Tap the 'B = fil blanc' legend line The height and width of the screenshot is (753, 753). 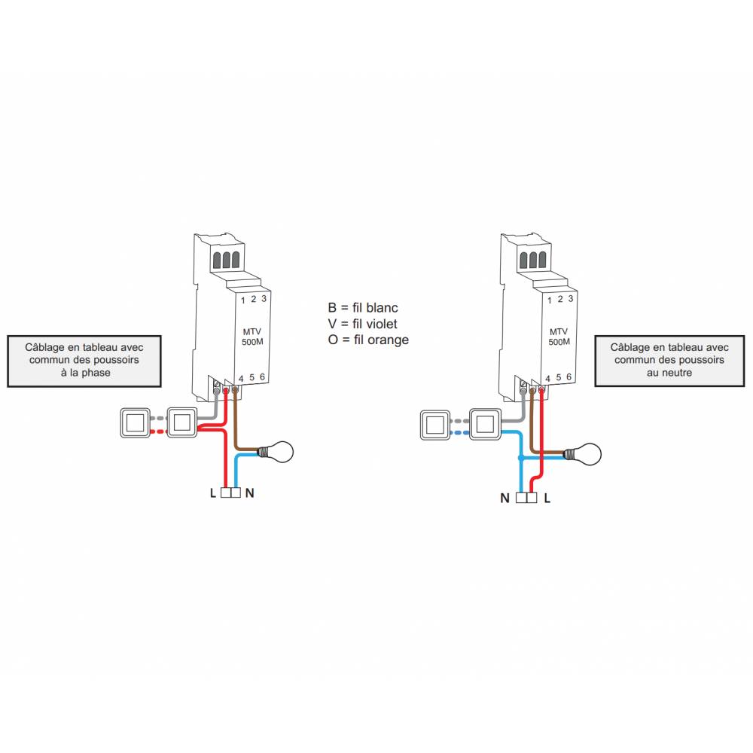click(x=363, y=308)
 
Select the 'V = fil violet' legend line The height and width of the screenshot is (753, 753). click(x=363, y=324)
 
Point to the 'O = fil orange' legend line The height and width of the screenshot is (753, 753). click(x=368, y=340)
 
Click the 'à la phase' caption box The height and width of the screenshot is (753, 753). click(x=84, y=361)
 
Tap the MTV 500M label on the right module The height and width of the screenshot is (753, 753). click(x=559, y=337)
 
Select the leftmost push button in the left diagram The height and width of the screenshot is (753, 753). click(x=136, y=422)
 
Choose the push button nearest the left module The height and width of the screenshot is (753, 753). click(x=181, y=422)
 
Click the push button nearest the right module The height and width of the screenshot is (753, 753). click(x=484, y=424)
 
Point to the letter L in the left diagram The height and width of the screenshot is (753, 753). click(x=213, y=494)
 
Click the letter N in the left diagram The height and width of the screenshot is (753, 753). click(x=250, y=494)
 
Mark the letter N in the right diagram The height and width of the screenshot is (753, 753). click(x=505, y=498)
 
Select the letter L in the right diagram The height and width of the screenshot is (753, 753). click(x=547, y=498)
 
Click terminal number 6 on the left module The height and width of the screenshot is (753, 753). click(x=262, y=377)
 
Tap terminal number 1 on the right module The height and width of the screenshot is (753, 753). click(x=550, y=300)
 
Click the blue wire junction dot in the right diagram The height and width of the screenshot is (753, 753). click(x=520, y=458)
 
